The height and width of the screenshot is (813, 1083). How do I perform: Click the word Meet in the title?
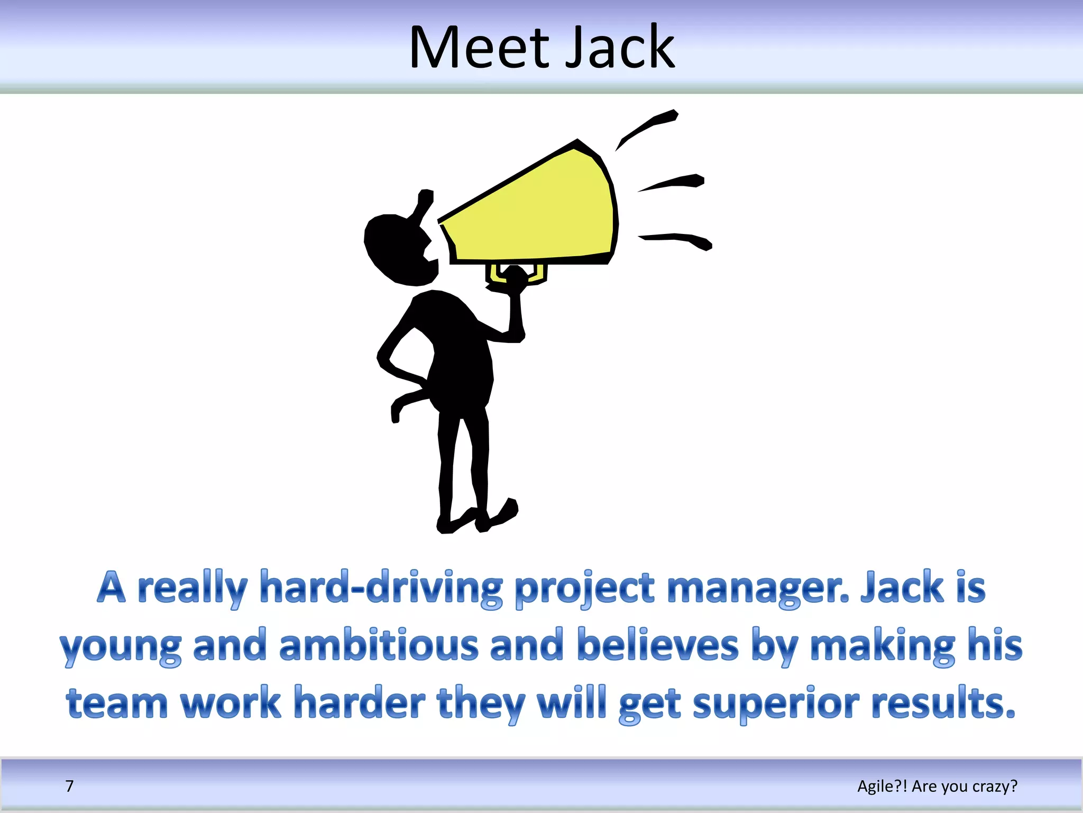pos(479,49)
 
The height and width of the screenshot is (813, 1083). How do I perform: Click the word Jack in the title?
pos(620,49)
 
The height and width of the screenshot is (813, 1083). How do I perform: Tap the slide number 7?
pos(69,786)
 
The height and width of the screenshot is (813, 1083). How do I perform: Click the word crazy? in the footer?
pos(994,787)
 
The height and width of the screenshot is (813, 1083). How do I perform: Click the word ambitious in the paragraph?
pos(379,646)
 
